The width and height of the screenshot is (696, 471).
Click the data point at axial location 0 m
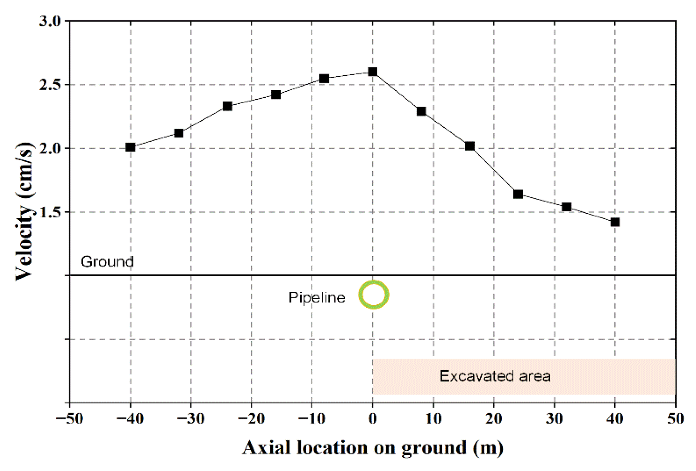pos(372,71)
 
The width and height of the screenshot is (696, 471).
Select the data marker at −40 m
pos(130,147)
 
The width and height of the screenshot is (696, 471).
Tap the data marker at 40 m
pos(615,222)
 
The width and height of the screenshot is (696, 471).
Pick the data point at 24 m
pos(518,194)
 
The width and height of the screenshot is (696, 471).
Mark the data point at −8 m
pos(324,79)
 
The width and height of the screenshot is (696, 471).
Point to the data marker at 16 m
pos(470,146)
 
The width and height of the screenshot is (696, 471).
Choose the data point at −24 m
pos(227,106)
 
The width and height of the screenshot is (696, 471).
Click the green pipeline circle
pos(373,295)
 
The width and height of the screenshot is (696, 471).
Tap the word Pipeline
pos(316,297)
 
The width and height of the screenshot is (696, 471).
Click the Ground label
pos(107,262)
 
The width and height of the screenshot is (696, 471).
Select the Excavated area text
pos(495,376)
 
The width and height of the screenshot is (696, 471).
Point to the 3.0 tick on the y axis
pos(50,21)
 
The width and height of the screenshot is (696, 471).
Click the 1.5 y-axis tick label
pos(50,212)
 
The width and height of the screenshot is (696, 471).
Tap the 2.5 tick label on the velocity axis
pos(50,85)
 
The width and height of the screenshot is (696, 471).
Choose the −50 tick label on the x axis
pos(69,419)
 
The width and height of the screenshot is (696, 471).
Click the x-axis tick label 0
pos(372,419)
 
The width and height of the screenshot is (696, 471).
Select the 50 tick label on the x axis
pos(675,419)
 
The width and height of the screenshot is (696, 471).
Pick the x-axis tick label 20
pos(494,419)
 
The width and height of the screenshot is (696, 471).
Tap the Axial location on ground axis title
pos(372,448)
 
